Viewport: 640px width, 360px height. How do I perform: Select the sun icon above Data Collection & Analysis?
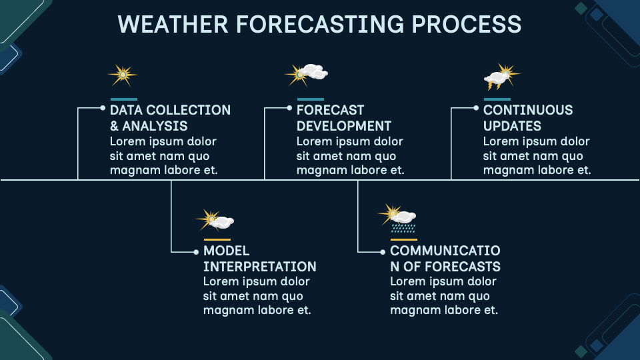123,75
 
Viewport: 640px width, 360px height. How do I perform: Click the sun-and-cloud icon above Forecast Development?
307,73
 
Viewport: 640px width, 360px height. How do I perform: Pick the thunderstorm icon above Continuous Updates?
500,77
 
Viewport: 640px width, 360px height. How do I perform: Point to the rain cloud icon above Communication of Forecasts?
399,217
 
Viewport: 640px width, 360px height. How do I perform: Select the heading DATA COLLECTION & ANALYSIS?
170,118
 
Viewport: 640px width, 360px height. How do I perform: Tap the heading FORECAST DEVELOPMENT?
343,118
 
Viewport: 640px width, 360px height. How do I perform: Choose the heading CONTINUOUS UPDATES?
528,118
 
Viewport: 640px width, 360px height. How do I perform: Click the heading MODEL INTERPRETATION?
259,259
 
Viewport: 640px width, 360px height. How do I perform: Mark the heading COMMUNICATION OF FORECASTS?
445,259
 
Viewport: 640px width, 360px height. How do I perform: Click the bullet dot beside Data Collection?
103,107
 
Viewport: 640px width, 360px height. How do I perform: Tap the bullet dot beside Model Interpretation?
196,252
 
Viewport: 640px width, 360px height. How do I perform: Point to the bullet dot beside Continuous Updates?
476,107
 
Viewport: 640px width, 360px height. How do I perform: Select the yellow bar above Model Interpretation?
217,239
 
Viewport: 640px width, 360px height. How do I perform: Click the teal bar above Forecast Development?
310,99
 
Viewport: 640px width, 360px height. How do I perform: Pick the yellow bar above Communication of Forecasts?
403,239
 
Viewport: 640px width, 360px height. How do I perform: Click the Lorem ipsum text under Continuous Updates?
537,156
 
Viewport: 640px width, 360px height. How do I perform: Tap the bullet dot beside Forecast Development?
289,107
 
